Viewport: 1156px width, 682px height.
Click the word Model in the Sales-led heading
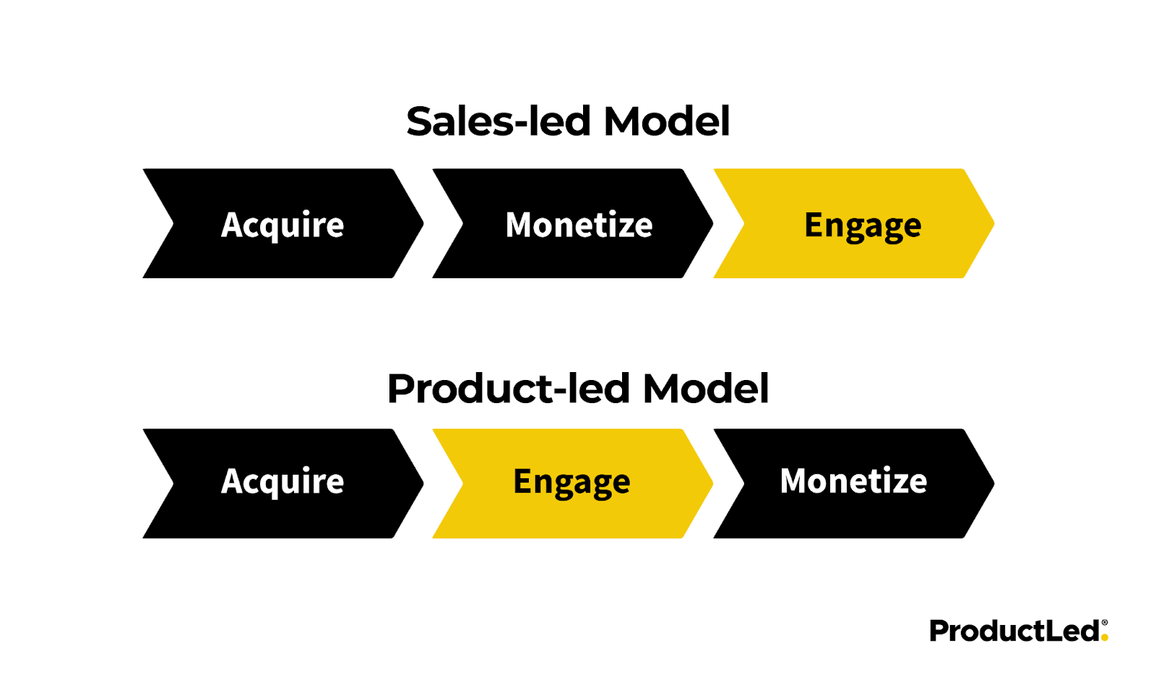pyautogui.click(x=667, y=121)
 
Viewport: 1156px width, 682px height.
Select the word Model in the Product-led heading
pyautogui.click(x=706, y=389)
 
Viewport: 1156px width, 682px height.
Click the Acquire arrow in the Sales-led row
pyautogui.click(x=282, y=224)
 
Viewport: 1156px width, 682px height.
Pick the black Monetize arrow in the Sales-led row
pyautogui.click(x=579, y=224)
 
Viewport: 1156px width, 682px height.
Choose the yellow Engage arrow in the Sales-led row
pyautogui.click(x=862, y=224)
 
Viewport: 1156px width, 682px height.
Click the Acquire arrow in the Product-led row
pyautogui.click(x=282, y=483)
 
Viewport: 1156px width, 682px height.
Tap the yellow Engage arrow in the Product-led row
pyautogui.click(x=571, y=483)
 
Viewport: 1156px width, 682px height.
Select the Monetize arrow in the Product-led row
pyautogui.click(x=853, y=483)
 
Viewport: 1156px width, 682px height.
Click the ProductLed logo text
pyautogui.click(x=1014, y=631)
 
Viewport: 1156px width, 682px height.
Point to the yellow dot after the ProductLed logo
pyautogui.click(x=1104, y=638)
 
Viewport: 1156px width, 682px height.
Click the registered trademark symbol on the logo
pyautogui.click(x=1104, y=622)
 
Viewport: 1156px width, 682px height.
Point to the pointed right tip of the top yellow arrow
pyautogui.click(x=992, y=224)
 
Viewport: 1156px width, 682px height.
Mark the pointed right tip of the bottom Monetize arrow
pyautogui.click(x=992, y=483)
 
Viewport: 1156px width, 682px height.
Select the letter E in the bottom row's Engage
pyautogui.click(x=522, y=481)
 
